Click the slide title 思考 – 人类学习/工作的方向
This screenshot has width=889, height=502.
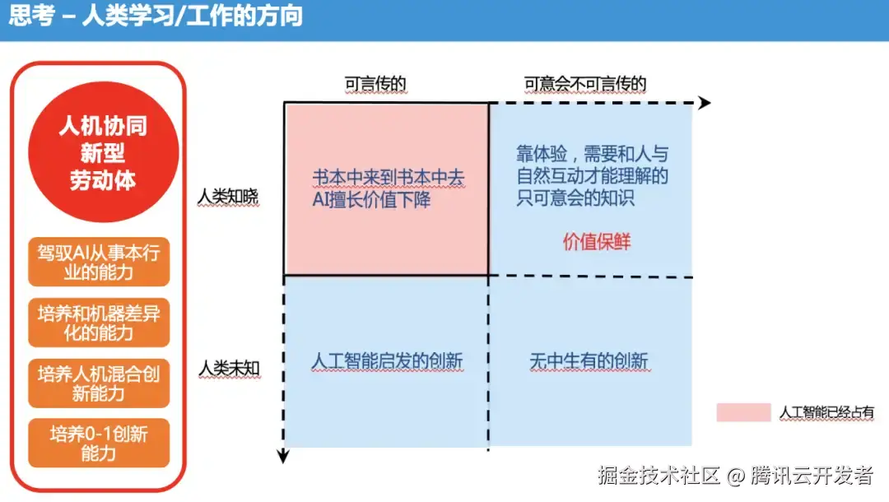click(x=156, y=16)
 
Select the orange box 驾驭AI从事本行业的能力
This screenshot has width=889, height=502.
click(x=99, y=262)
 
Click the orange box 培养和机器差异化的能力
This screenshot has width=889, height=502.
click(x=99, y=323)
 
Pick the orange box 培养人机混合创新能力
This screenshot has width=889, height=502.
click(x=99, y=383)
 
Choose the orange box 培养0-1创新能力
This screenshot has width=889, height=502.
click(x=99, y=444)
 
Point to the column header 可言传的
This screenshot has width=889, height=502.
click(x=375, y=84)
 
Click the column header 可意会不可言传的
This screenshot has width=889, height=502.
click(x=585, y=84)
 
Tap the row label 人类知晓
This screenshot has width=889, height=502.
click(x=228, y=198)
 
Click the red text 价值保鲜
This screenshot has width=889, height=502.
click(x=597, y=242)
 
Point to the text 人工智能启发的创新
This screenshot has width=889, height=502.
click(x=387, y=361)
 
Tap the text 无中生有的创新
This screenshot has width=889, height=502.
click(x=589, y=361)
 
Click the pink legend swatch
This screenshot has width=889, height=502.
click(x=743, y=412)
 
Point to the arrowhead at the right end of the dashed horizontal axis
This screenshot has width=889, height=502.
click(x=704, y=103)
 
